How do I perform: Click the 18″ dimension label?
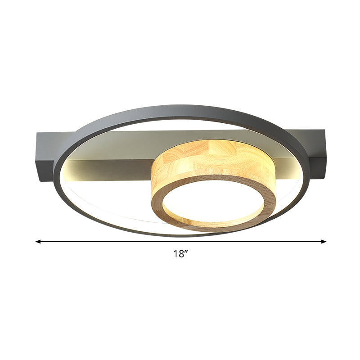coord(180,254)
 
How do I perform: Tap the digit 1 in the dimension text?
coord(176,254)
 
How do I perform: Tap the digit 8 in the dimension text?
coord(180,254)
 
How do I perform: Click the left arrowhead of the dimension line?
coord(38,242)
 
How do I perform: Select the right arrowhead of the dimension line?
coord(324,242)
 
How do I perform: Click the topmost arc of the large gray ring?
coord(180,108)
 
